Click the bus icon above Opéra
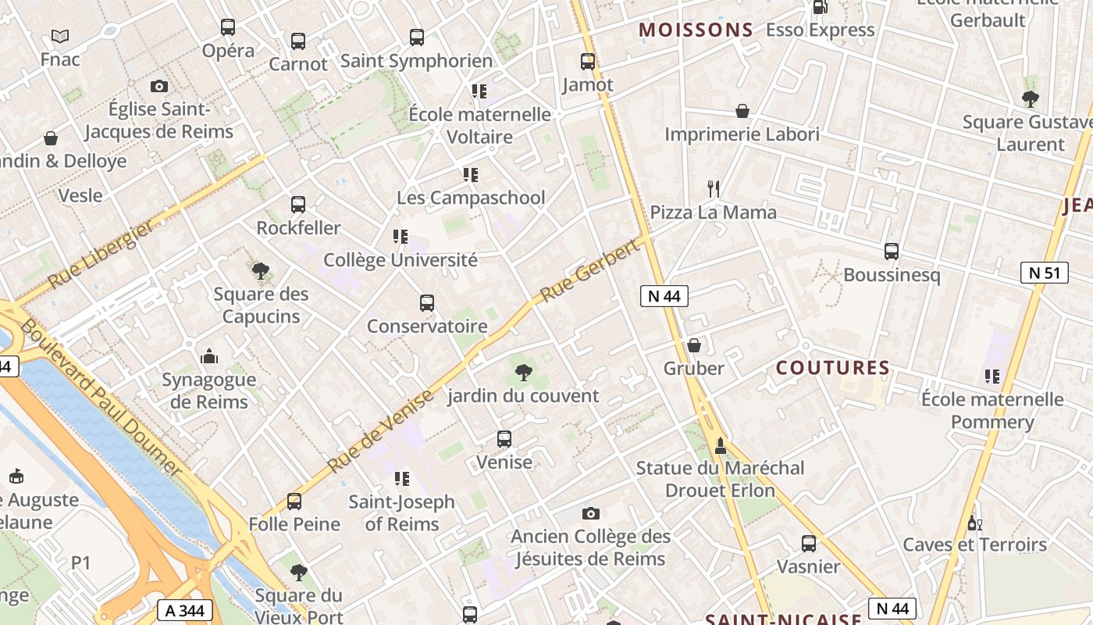click(227, 27)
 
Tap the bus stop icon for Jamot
click(588, 61)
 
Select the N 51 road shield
click(1044, 273)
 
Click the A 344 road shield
click(185, 610)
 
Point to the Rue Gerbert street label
click(590, 270)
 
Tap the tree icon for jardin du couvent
click(524, 372)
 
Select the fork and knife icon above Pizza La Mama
click(713, 188)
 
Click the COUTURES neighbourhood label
click(832, 367)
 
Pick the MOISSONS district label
click(696, 30)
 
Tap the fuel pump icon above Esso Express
click(820, 7)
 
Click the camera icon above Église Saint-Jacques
click(159, 86)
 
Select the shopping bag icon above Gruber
click(693, 345)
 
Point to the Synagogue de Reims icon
click(208, 356)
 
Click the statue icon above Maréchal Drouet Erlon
click(720, 445)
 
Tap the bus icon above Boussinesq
click(892, 252)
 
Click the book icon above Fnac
click(60, 36)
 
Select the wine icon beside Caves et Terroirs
click(973, 522)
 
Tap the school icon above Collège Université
click(400, 236)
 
